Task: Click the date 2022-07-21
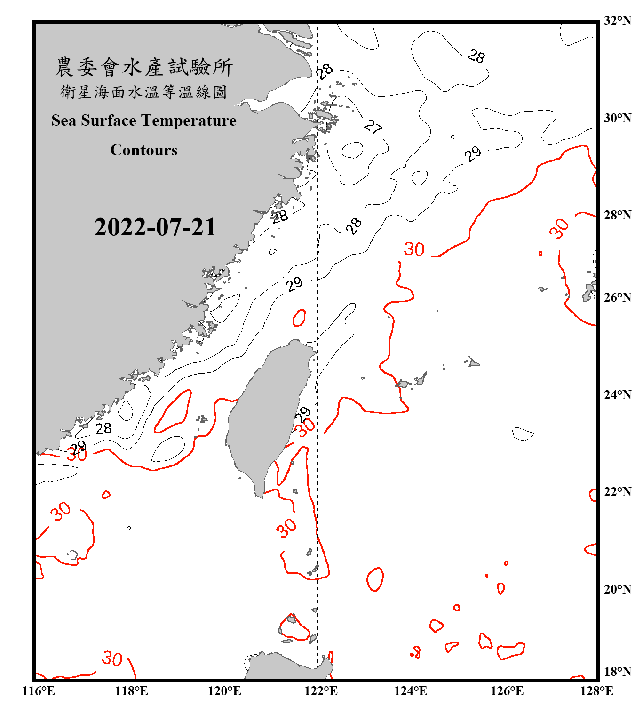[155, 227]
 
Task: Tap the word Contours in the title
[144, 150]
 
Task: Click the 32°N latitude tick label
[617, 21]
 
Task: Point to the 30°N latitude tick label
[617, 118]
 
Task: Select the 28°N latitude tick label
[617, 215]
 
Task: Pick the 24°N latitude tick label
[617, 394]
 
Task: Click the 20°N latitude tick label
[617, 589]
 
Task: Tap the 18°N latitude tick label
[617, 672]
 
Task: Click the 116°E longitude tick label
[38, 691]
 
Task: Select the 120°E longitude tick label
[224, 691]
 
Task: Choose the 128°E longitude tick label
[596, 691]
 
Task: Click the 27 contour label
[373, 127]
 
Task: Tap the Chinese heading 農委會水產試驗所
[144, 67]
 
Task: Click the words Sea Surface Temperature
[144, 120]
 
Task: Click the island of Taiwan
[266, 414]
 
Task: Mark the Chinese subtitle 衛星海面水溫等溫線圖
[144, 92]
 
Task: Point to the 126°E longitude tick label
[507, 691]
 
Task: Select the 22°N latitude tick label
[617, 492]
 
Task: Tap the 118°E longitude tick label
[131, 691]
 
